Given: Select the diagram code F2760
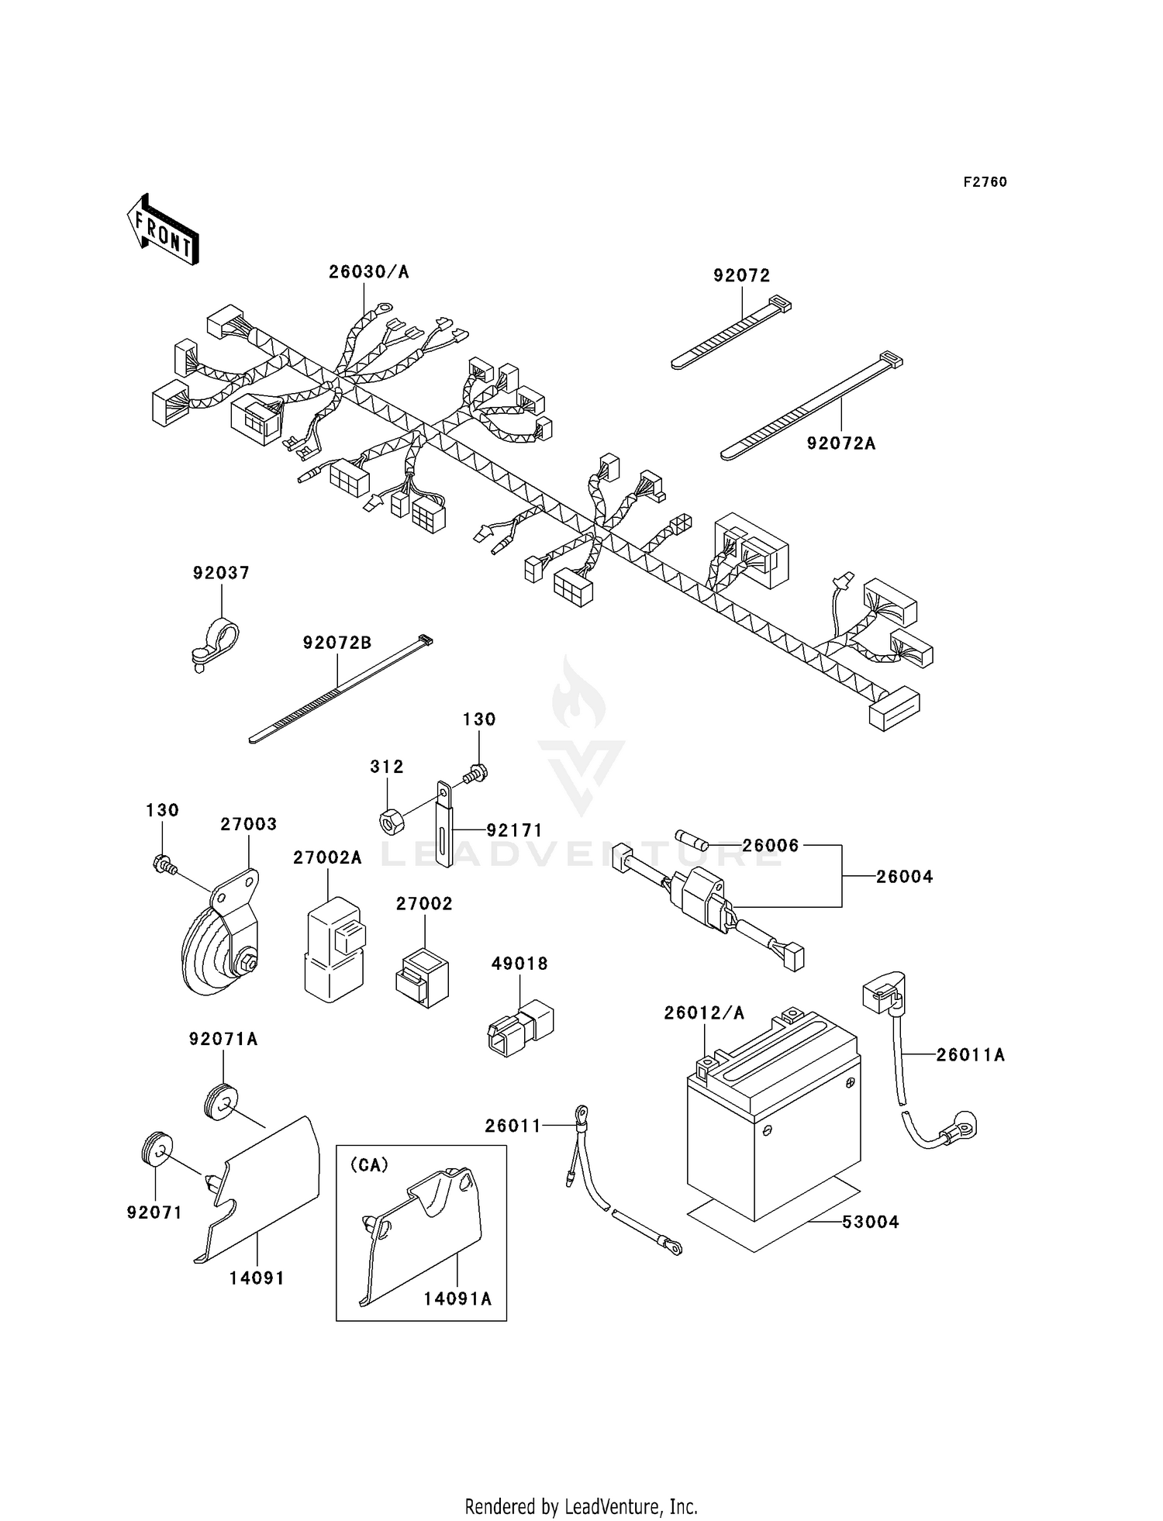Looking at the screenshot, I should (x=985, y=182).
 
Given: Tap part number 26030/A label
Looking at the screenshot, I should (x=368, y=272).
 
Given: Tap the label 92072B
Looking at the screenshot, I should (x=337, y=643).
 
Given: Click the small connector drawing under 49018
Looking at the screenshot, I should (x=520, y=1027).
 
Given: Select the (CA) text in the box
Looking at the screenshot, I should (x=369, y=1165).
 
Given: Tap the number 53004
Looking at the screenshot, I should (x=870, y=1223).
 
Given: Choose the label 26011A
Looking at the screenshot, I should (x=970, y=1055).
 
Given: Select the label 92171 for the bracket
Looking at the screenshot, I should (x=515, y=830).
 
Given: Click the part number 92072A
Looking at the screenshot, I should (x=840, y=443).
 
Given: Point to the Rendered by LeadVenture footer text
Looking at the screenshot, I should (x=581, y=1507).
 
